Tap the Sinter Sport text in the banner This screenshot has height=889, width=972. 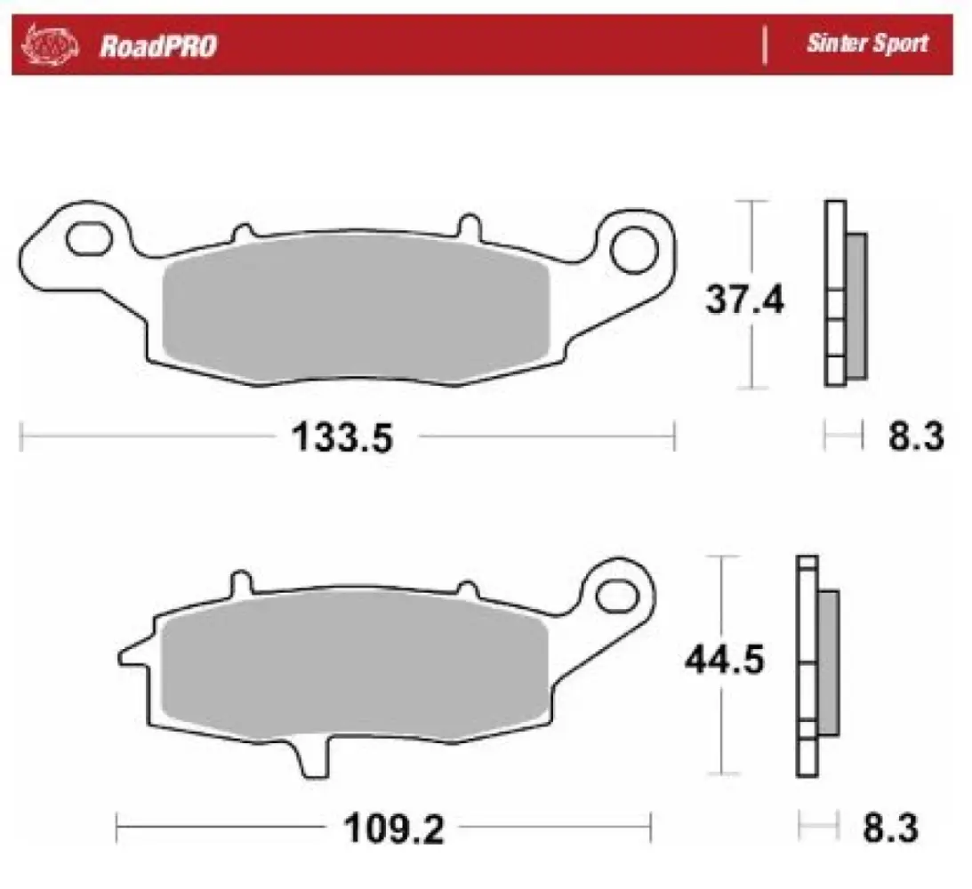(867, 44)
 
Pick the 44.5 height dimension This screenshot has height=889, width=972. (724, 661)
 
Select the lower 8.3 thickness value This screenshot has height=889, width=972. (890, 830)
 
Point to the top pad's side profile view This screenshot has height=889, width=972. (843, 294)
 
